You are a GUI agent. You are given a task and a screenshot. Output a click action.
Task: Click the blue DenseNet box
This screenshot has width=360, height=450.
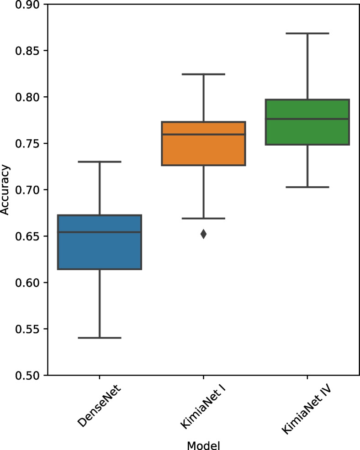pyautogui.click(x=99, y=256)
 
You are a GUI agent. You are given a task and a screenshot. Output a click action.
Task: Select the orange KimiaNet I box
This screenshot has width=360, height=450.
pyautogui.click(x=203, y=151)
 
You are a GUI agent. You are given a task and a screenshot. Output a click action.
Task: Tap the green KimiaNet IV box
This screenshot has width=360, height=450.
pyautogui.click(x=307, y=132)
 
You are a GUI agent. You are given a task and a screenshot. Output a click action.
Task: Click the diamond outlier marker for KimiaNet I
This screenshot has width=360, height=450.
pyautogui.click(x=203, y=234)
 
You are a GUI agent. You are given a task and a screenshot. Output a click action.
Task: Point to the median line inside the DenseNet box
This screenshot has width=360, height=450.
pyautogui.click(x=99, y=232)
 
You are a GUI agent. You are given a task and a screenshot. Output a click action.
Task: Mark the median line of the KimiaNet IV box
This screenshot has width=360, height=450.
pyautogui.click(x=307, y=119)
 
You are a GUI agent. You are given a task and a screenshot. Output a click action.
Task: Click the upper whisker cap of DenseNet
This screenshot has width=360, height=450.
pyautogui.click(x=99, y=162)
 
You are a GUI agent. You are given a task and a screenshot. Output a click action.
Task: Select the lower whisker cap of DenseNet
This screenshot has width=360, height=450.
pyautogui.click(x=99, y=338)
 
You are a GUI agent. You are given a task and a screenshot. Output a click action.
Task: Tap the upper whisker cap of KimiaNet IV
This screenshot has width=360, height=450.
pyautogui.click(x=307, y=33)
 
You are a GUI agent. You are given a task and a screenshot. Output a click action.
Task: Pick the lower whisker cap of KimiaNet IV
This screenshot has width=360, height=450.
pyautogui.click(x=307, y=187)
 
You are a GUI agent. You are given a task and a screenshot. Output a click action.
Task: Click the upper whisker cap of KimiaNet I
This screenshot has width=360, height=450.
pyautogui.click(x=203, y=74)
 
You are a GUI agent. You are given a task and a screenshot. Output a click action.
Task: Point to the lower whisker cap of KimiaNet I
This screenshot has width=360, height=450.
pyautogui.click(x=203, y=219)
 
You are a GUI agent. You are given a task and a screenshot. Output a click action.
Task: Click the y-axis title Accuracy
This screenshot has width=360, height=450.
pyautogui.click(x=5, y=190)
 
